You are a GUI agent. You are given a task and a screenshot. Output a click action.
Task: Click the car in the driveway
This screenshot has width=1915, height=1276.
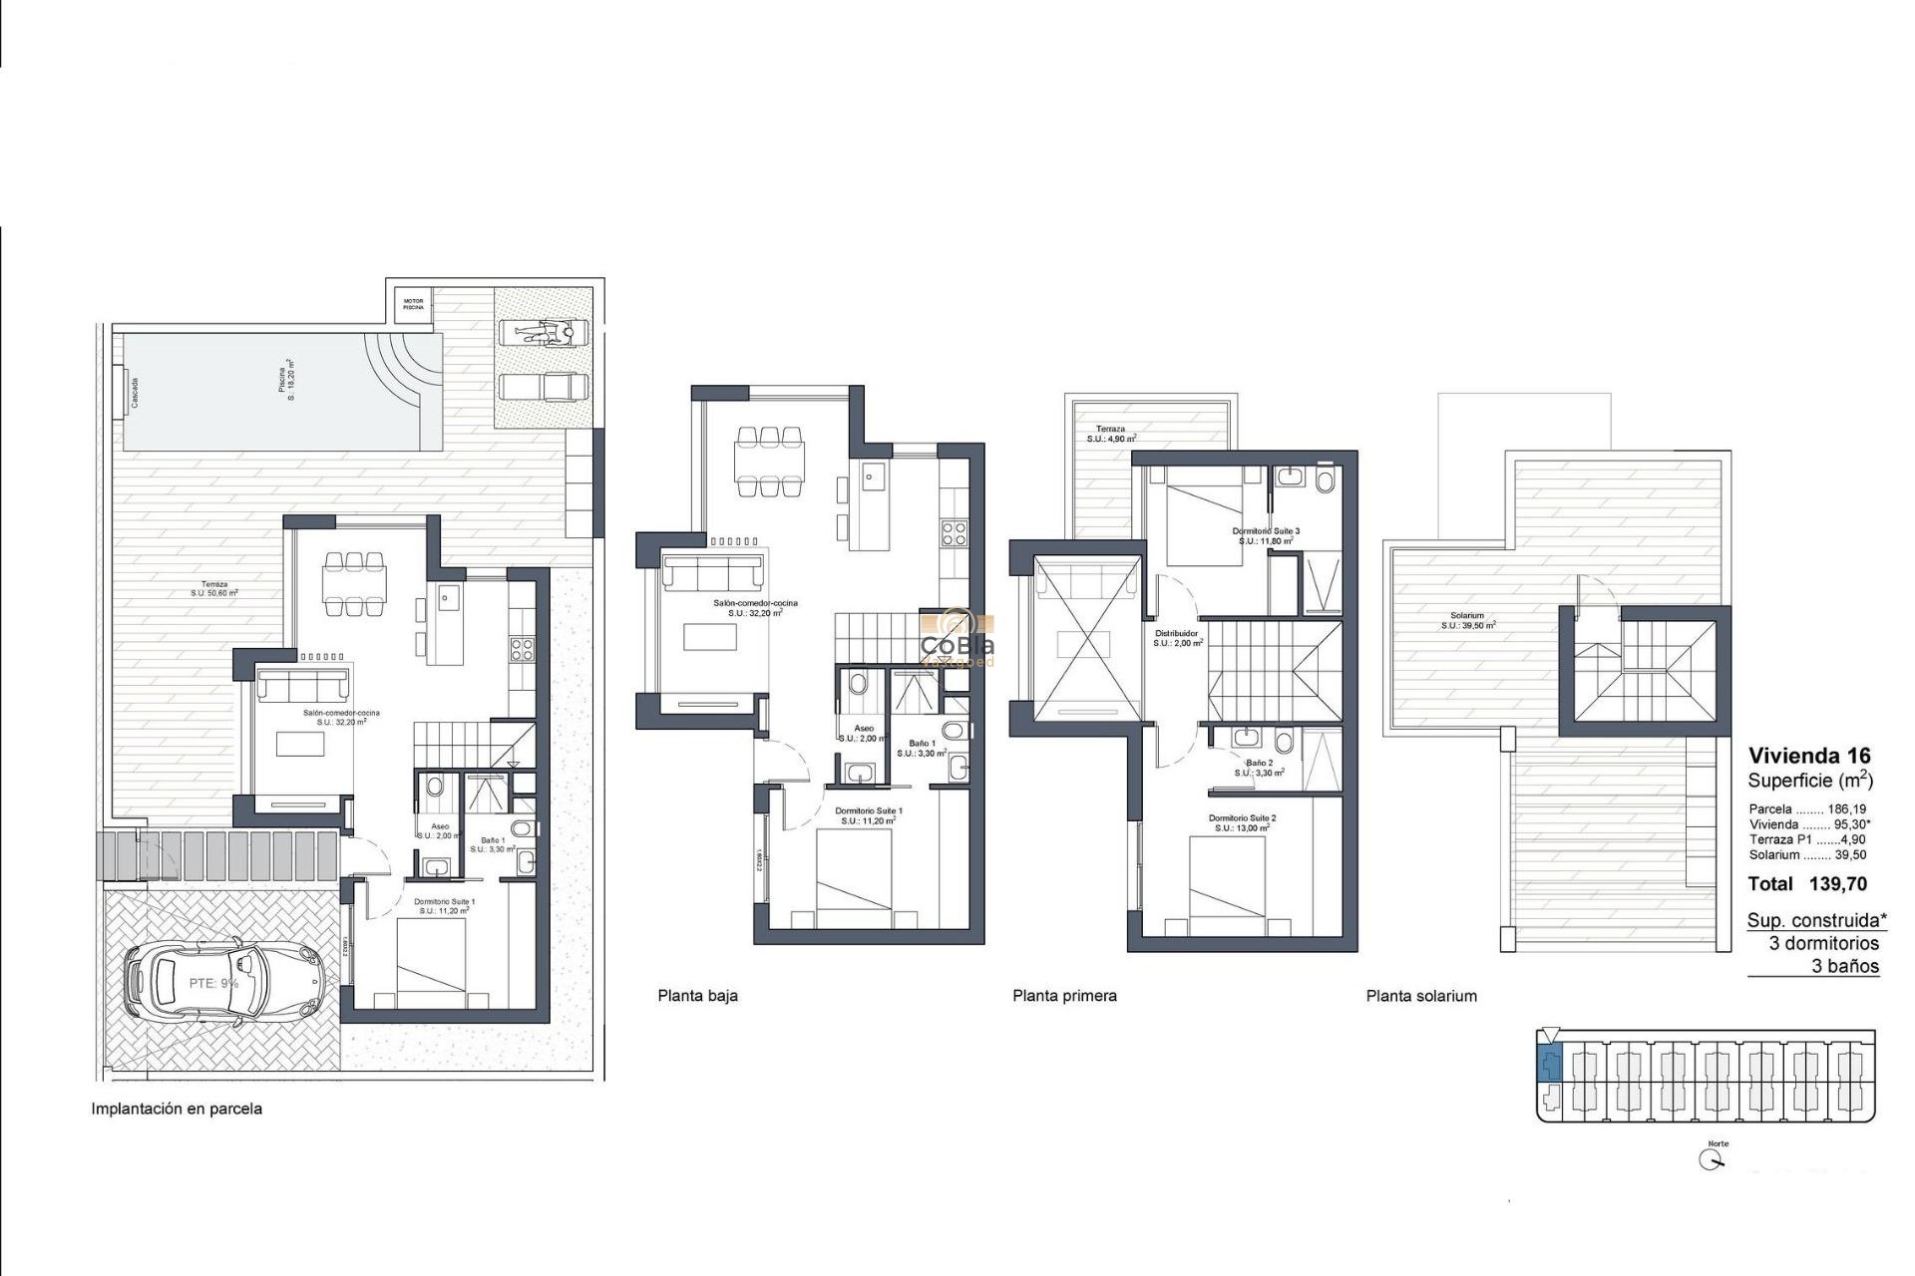[x=225, y=984]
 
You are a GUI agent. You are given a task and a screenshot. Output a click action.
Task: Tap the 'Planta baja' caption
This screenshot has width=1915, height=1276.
[x=697, y=996]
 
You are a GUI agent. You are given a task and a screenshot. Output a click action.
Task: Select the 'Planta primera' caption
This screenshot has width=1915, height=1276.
[x=1064, y=996]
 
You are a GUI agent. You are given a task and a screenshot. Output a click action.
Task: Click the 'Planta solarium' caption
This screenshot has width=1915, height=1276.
[x=1421, y=996]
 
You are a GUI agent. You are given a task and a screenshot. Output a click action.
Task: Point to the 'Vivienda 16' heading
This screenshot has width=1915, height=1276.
[x=1809, y=756]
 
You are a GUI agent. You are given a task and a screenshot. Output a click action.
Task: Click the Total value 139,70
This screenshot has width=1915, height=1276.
[x=1837, y=884]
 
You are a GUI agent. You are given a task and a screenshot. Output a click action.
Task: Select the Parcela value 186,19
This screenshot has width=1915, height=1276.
[x=1846, y=809]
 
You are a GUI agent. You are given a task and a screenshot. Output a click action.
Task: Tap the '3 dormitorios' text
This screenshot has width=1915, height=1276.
[x=1823, y=943]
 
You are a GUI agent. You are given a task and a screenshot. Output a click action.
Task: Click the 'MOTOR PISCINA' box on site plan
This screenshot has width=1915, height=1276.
[x=413, y=304]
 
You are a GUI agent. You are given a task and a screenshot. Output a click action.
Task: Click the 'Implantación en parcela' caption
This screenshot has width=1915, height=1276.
[x=177, y=1109]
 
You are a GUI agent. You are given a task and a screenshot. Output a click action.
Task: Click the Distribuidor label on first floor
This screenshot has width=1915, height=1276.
[x=1177, y=638]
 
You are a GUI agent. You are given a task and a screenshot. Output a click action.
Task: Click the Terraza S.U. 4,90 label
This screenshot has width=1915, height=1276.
[x=1111, y=434]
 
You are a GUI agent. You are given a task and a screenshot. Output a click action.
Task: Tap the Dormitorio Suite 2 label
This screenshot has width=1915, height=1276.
[x=1242, y=822]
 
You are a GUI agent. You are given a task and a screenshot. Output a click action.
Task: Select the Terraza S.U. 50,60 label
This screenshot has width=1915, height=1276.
[x=214, y=588]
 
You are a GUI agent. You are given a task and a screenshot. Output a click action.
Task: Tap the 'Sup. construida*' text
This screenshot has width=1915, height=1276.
[x=1816, y=921]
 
